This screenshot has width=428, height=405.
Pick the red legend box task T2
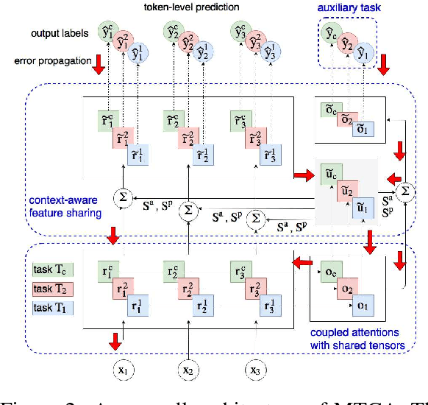[x=52, y=287]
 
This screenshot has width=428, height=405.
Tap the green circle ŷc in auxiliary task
[x=332, y=32]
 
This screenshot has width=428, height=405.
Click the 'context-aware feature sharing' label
[x=65, y=204]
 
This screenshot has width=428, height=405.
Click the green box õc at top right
[x=329, y=110]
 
